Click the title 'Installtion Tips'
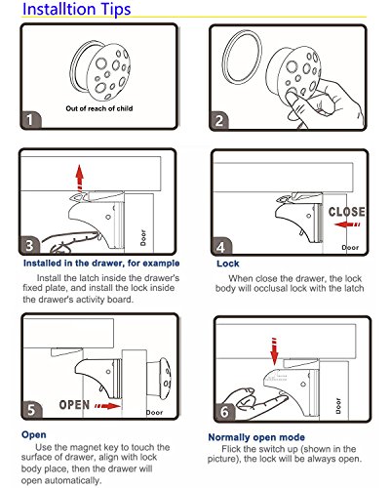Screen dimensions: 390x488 coord(77,9)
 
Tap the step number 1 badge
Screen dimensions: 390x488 coord(30,120)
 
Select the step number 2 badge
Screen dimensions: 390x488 coord(219,121)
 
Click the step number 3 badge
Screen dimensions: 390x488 coord(29,245)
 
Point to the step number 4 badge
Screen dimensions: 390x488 coord(221,246)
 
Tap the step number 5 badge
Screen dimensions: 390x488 coord(32,410)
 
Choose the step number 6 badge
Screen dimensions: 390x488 coord(224,412)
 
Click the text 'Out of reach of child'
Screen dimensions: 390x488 coord(99,108)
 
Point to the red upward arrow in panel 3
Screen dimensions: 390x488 coord(79,178)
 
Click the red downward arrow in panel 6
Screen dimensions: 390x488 coord(275,351)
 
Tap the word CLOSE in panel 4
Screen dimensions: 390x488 coord(346,212)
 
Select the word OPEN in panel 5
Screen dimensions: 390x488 coord(74,405)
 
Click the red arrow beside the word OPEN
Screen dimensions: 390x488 coord(107,406)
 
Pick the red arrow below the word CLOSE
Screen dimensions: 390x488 coord(347,224)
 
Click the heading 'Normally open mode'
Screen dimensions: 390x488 coord(256,437)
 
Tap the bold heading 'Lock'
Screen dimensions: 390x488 coord(228,264)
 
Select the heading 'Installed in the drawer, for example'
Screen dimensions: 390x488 coord(101,264)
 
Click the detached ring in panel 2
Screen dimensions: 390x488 coord(243,58)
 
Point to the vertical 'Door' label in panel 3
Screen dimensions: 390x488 coord(143,238)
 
